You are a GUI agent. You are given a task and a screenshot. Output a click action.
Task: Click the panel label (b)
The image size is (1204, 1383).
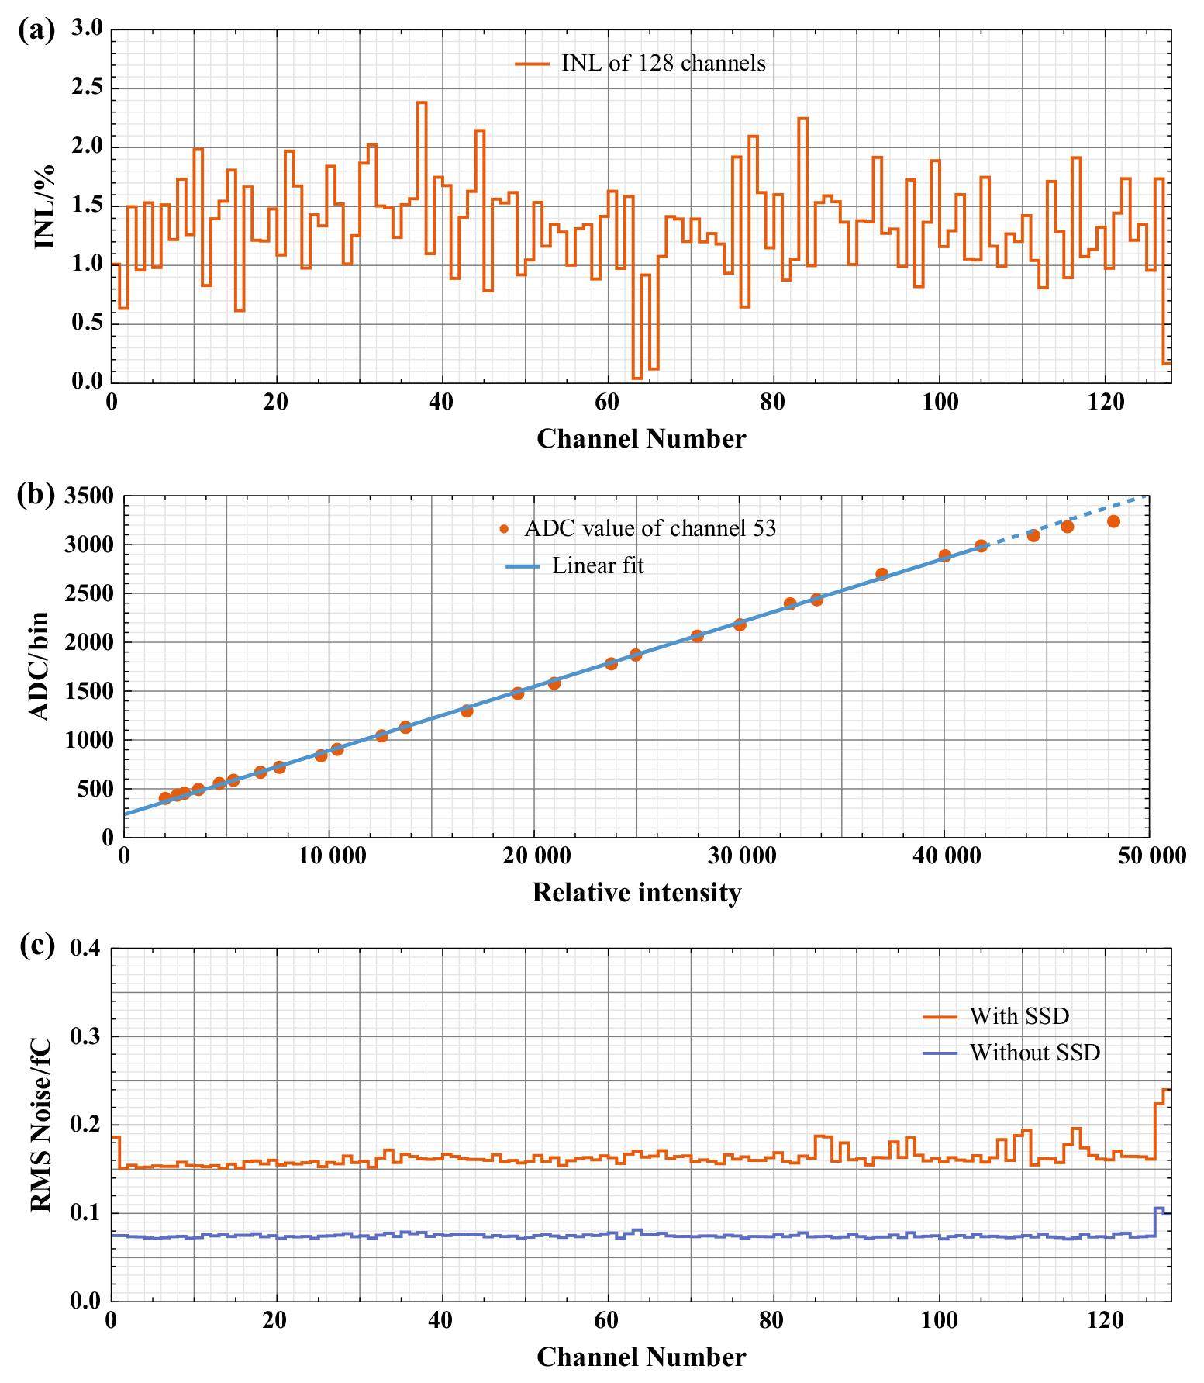[x=36, y=494]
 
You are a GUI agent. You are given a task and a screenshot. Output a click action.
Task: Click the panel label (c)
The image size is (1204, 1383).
[x=36, y=946]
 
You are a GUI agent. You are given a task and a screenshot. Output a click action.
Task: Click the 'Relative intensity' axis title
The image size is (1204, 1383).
[x=636, y=892]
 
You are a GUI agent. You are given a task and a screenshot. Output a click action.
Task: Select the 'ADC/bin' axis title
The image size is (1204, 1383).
[x=40, y=666]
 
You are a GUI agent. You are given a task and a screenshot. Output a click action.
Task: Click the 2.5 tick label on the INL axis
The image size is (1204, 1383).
[x=86, y=88]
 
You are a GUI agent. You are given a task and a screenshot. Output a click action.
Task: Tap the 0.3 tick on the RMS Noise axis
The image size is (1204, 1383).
[x=86, y=1036]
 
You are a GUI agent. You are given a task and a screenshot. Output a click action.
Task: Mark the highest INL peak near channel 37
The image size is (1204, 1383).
[x=422, y=102]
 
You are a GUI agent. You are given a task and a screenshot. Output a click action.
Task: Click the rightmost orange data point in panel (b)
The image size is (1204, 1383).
[x=1113, y=521]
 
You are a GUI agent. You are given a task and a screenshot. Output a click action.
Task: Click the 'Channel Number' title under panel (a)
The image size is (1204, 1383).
[x=640, y=439]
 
